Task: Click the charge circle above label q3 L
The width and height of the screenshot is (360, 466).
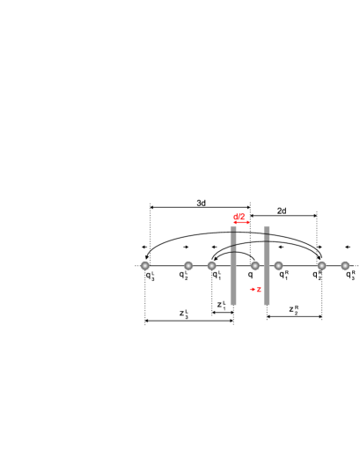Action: (146, 265)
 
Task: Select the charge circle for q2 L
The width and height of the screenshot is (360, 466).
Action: (188, 265)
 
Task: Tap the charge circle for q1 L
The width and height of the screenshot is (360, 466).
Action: (212, 265)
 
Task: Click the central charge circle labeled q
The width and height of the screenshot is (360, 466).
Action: (254, 265)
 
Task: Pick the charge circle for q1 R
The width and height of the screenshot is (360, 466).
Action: (278, 265)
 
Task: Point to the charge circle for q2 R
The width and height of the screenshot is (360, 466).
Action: (321, 265)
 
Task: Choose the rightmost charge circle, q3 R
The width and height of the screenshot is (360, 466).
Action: (345, 265)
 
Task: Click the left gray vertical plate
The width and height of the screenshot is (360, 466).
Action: (233, 264)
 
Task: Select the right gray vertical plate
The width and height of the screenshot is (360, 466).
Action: (267, 264)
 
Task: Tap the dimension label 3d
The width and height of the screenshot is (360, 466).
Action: (201, 203)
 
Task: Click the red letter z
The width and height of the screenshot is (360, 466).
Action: (259, 289)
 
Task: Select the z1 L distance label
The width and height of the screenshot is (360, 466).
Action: (222, 305)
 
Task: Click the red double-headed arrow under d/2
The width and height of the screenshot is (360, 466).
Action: (241, 222)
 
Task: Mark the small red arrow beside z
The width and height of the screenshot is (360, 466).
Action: (251, 289)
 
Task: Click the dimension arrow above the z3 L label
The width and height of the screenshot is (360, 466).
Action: (189, 321)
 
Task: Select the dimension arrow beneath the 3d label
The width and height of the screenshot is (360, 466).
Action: (200, 208)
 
